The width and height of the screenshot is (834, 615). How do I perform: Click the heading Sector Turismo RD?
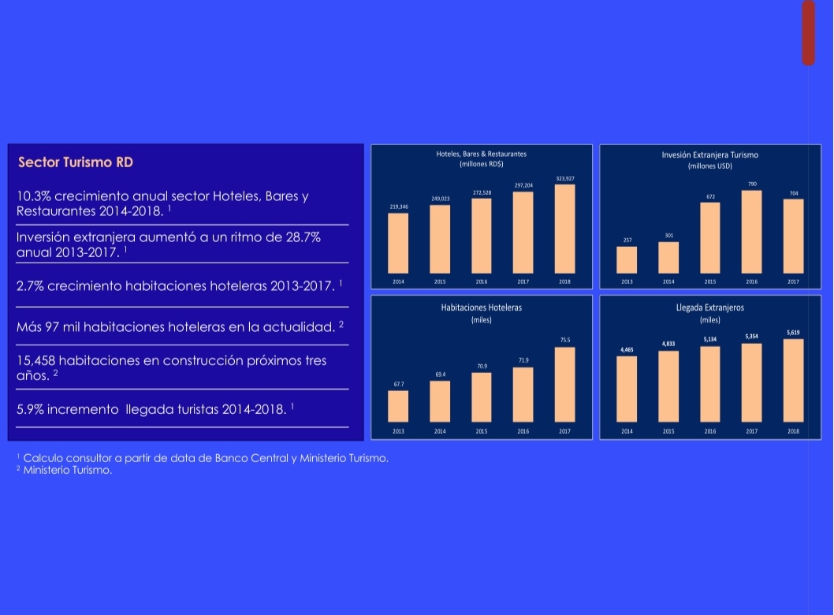click(76, 162)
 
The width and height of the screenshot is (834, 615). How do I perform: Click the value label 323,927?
click(564, 179)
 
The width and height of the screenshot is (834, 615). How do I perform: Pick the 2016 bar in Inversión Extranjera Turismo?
click(752, 232)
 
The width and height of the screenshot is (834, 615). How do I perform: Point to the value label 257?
click(627, 239)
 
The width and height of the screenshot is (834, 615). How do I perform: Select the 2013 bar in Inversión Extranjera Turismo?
click(627, 259)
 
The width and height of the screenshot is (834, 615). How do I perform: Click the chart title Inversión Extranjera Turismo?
click(710, 155)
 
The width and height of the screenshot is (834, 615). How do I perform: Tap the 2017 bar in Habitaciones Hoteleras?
click(564, 384)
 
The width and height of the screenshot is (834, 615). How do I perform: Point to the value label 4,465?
click(627, 348)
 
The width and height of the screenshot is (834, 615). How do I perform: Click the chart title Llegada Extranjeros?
click(710, 307)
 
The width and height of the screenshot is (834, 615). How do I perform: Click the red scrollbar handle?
click(808, 33)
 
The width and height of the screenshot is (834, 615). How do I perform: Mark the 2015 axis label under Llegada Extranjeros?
click(668, 431)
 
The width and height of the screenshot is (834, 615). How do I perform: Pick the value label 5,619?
click(793, 332)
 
